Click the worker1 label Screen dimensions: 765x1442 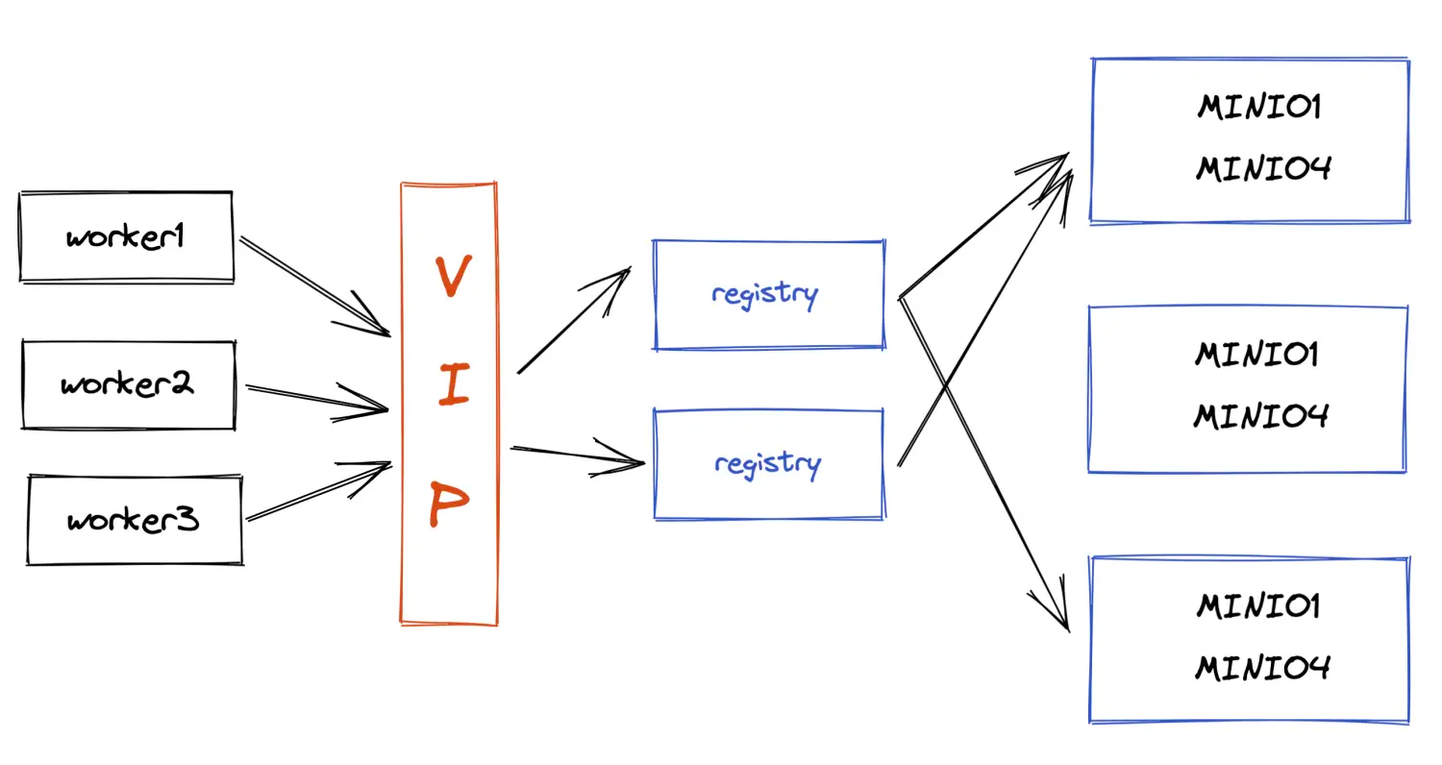[x=125, y=236]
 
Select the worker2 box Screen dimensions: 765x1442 [x=128, y=384]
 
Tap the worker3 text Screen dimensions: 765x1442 [x=134, y=520]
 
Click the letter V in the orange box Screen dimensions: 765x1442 [x=452, y=278]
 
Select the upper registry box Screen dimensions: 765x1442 [x=768, y=294]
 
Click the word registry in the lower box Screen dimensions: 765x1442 [x=767, y=464]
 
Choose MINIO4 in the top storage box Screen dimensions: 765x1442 [x=1263, y=169]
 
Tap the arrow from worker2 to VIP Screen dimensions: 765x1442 [x=317, y=398]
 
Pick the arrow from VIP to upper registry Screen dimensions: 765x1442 [x=573, y=321]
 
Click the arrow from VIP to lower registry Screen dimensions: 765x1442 [x=577, y=455]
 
